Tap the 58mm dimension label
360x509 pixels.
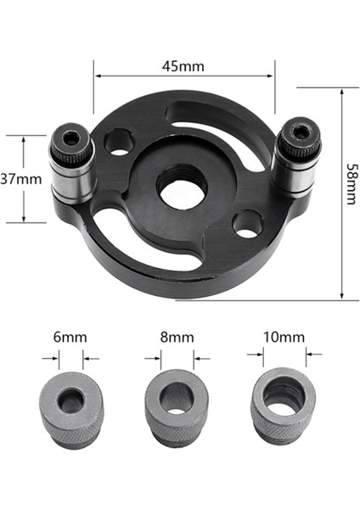coord(350,193)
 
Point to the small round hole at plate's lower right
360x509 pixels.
coord(248,224)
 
